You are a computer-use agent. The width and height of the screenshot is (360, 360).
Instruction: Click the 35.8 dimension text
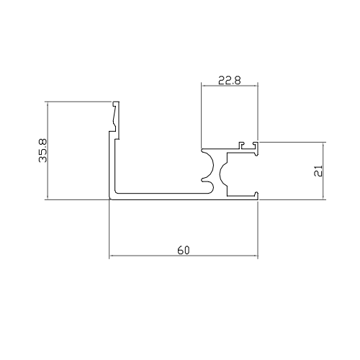click(42, 150)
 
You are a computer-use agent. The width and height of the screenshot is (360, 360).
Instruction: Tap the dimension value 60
click(183, 251)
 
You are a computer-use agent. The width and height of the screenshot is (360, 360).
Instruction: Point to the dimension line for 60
click(144, 256)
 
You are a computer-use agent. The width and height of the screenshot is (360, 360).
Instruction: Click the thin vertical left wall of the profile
click(112, 166)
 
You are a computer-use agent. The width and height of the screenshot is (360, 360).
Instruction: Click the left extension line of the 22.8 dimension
click(200, 115)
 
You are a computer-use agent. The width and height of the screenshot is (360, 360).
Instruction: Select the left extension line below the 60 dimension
click(109, 230)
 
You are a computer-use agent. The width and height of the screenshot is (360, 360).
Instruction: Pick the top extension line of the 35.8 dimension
click(79, 102)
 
